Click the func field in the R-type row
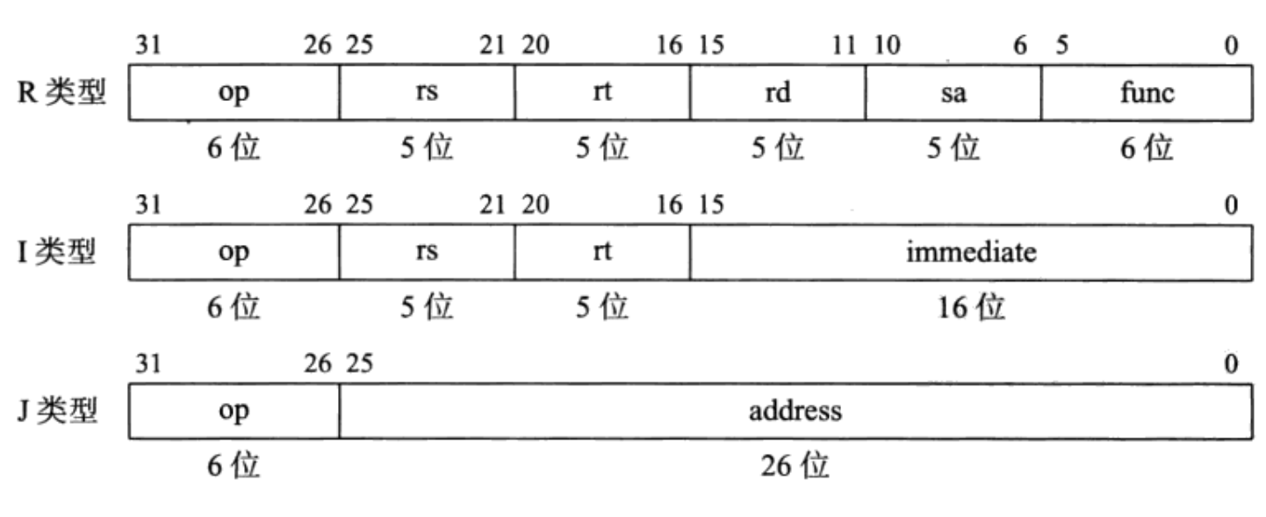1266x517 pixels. (1147, 93)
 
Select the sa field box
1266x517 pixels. (953, 93)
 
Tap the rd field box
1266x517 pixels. (777, 93)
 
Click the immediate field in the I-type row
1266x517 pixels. (971, 253)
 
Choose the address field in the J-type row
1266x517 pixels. (795, 411)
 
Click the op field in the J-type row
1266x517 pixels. (234, 411)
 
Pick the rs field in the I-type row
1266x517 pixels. (427, 253)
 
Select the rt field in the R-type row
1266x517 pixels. (602, 93)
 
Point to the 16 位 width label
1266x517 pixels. (971, 308)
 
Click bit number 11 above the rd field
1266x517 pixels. (845, 46)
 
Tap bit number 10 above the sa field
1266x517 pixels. (887, 46)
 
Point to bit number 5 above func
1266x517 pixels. (1062, 46)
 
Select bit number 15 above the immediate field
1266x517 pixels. (711, 205)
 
